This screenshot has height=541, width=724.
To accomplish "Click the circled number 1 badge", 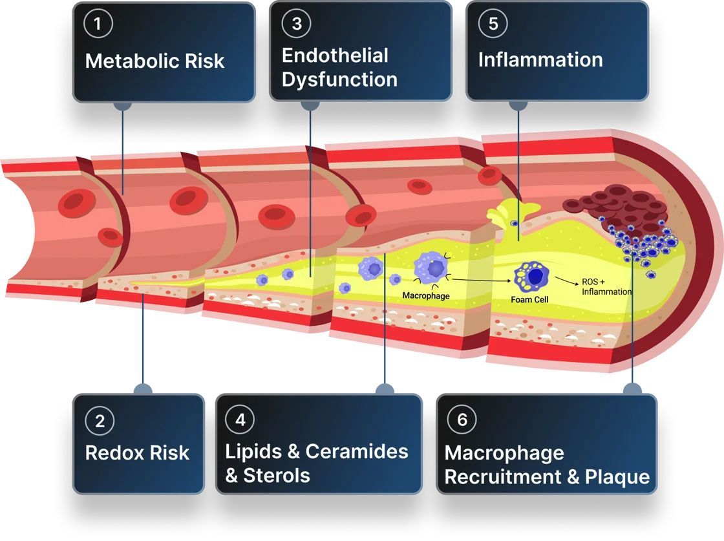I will (99, 24).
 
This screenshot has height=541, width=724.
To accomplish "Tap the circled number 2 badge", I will (100, 421).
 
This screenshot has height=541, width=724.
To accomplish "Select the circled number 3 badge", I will (297, 24).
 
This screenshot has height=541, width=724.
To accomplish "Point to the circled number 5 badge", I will (493, 24).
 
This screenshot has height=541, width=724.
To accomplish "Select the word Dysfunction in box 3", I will (339, 80).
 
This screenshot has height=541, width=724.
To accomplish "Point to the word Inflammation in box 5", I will (540, 59).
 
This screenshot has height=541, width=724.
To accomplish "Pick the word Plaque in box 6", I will (617, 477).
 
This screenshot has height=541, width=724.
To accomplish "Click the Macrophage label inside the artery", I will (426, 295).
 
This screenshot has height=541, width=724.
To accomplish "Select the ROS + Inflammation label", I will (606, 288).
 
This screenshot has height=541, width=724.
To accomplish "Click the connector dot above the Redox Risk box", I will (143, 390).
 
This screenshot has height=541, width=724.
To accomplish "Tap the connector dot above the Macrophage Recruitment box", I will (632, 390).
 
